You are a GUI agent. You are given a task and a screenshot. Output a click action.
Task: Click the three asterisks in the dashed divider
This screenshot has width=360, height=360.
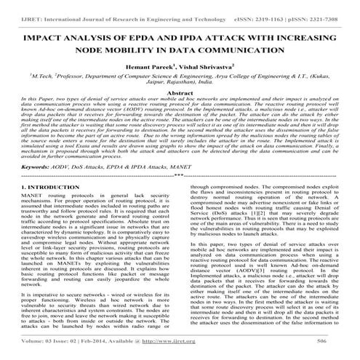[180, 196]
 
